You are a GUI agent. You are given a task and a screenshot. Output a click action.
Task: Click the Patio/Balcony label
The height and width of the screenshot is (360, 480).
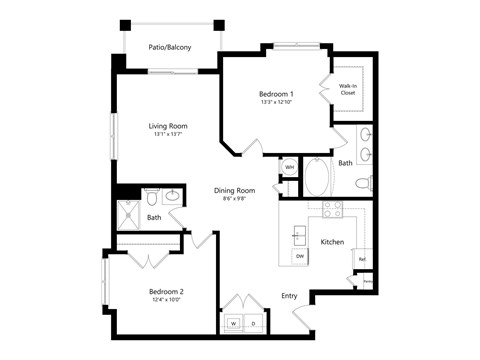pyautogui.click(x=170, y=47)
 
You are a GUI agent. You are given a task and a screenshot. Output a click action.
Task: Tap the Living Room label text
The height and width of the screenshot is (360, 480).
pyautogui.click(x=168, y=126)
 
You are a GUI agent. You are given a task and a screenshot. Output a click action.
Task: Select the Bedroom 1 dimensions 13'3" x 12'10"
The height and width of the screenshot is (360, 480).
pyautogui.click(x=275, y=102)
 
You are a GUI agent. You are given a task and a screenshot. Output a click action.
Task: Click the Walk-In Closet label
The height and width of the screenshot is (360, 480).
pyautogui.click(x=348, y=90)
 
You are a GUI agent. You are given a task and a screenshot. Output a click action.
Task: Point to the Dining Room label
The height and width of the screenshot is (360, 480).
pyautogui.click(x=234, y=190)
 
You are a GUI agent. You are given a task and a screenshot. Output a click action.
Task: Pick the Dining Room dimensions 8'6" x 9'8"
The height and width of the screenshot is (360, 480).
pyautogui.click(x=234, y=199)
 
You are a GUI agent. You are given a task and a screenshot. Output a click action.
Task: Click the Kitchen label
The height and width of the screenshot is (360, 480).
pyautogui.click(x=332, y=242)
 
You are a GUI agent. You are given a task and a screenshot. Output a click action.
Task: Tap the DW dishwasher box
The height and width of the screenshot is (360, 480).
pyautogui.click(x=299, y=257)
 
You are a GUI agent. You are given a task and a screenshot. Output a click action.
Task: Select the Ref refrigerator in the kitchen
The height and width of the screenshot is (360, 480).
pyautogui.click(x=361, y=258)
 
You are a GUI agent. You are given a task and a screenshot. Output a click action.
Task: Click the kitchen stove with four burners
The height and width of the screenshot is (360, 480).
pyautogui.click(x=331, y=209)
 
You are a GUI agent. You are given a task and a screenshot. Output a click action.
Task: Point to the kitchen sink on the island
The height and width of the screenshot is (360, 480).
pyautogui.click(x=299, y=235)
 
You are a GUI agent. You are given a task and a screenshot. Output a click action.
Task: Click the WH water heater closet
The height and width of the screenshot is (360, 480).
pyautogui.click(x=290, y=167)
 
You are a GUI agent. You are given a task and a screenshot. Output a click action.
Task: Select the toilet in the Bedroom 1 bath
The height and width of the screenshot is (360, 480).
pyautogui.click(x=364, y=184)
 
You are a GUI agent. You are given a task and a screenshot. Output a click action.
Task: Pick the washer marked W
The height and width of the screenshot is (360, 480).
pyautogui.click(x=233, y=324)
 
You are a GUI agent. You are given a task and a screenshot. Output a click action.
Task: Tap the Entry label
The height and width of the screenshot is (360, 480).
pyautogui.click(x=289, y=295)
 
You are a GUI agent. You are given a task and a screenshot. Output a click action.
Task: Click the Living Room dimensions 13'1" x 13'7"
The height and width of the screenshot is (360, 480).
pyautogui.click(x=168, y=135)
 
